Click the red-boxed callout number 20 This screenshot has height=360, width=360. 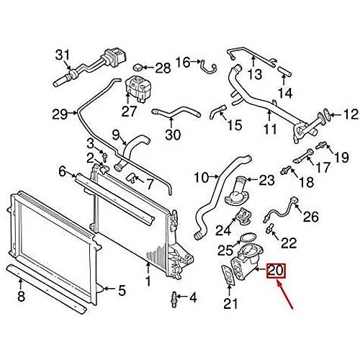point(276,271)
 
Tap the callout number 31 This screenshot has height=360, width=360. point(63,55)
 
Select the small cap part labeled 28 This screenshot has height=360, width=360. point(138,68)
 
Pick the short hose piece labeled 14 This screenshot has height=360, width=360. point(284,71)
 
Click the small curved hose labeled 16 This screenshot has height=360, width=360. point(208,66)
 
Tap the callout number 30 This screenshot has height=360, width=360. point(173,135)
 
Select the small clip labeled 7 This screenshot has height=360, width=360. point(132,178)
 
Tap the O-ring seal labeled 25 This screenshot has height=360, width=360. point(244,238)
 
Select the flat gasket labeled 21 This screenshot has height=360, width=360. point(228,275)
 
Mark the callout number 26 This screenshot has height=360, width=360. point(311,217)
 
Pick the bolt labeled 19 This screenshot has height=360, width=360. point(321,145)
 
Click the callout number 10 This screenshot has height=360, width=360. point(201,178)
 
